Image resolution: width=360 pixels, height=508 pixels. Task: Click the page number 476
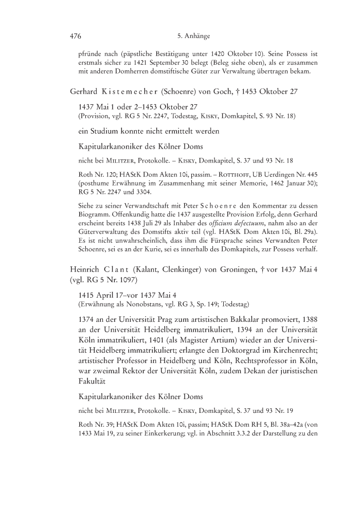point(76,37)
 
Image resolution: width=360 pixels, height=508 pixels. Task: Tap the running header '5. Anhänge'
point(191,37)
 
